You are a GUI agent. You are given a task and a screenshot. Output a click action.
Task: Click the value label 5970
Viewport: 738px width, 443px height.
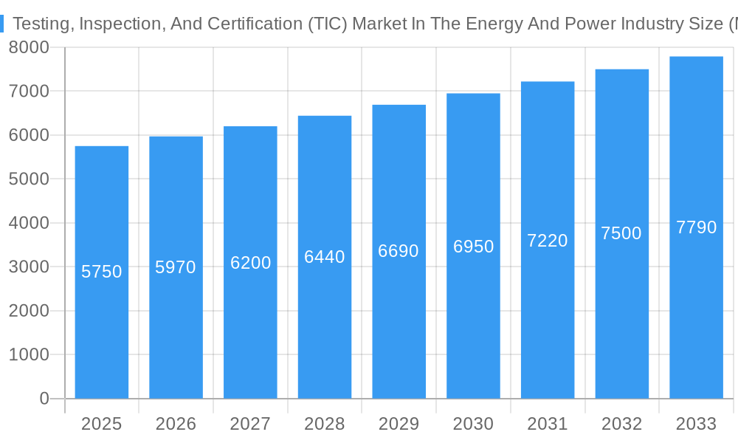click(176, 267)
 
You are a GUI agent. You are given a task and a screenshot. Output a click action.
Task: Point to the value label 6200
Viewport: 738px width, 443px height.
click(250, 263)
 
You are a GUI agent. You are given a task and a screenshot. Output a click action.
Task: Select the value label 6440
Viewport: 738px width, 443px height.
click(325, 257)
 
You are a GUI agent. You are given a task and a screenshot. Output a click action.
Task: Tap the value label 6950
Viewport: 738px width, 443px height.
click(473, 247)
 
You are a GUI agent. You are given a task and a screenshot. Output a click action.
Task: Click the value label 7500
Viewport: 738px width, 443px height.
click(621, 233)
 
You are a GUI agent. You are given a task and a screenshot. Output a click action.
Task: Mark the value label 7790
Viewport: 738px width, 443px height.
click(696, 227)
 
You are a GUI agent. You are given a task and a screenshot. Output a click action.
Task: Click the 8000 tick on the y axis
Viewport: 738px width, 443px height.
click(29, 47)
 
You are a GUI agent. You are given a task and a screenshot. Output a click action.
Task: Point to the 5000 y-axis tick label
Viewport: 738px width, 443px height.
click(29, 179)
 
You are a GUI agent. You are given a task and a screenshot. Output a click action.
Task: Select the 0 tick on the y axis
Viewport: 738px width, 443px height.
click(44, 399)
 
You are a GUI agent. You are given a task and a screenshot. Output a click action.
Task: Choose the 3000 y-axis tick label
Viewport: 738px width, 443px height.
click(29, 267)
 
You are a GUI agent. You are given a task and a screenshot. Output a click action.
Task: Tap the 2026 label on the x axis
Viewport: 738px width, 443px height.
click(176, 424)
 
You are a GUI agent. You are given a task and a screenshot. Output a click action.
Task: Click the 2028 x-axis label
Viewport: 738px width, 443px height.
click(325, 424)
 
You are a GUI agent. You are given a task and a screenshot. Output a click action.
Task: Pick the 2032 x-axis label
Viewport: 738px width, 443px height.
click(621, 424)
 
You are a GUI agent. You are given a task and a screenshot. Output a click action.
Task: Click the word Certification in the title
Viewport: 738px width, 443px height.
click(236, 24)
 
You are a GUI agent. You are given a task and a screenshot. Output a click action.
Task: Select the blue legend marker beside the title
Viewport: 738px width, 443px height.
click(2, 24)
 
